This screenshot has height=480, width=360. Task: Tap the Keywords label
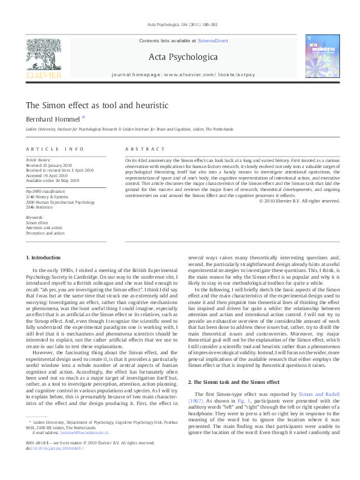[35, 216]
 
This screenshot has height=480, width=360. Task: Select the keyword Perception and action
[45, 233]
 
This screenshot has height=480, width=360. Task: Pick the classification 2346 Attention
[43, 207]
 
